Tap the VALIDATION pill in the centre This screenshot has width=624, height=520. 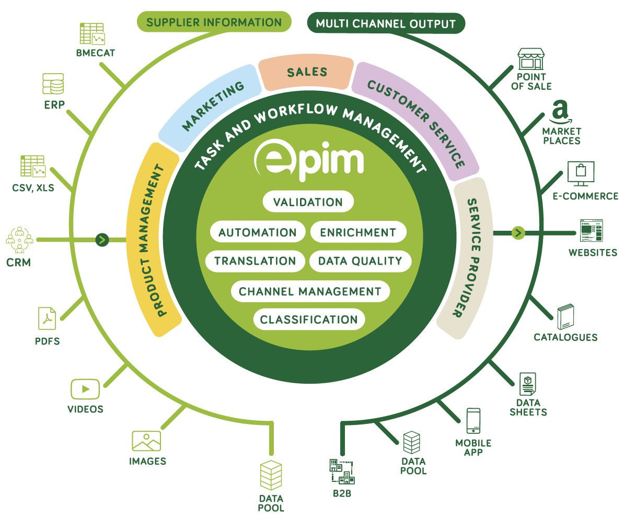(x=308, y=202)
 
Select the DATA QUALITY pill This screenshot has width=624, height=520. (x=360, y=261)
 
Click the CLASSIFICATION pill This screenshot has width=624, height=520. (x=309, y=320)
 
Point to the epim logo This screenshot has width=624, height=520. (x=308, y=160)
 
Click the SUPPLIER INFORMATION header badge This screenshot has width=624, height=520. (x=214, y=22)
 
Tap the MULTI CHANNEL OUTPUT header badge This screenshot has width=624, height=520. (x=386, y=23)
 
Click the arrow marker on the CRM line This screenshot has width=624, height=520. (x=102, y=240)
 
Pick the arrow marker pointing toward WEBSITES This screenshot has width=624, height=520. (x=518, y=232)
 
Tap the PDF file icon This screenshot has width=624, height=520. (x=47, y=318)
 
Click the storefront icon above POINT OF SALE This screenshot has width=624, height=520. (x=531, y=60)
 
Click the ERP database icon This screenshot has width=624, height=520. (x=53, y=84)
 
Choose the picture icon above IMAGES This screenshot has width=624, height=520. (x=146, y=441)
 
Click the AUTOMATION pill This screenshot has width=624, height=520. (x=257, y=232)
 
